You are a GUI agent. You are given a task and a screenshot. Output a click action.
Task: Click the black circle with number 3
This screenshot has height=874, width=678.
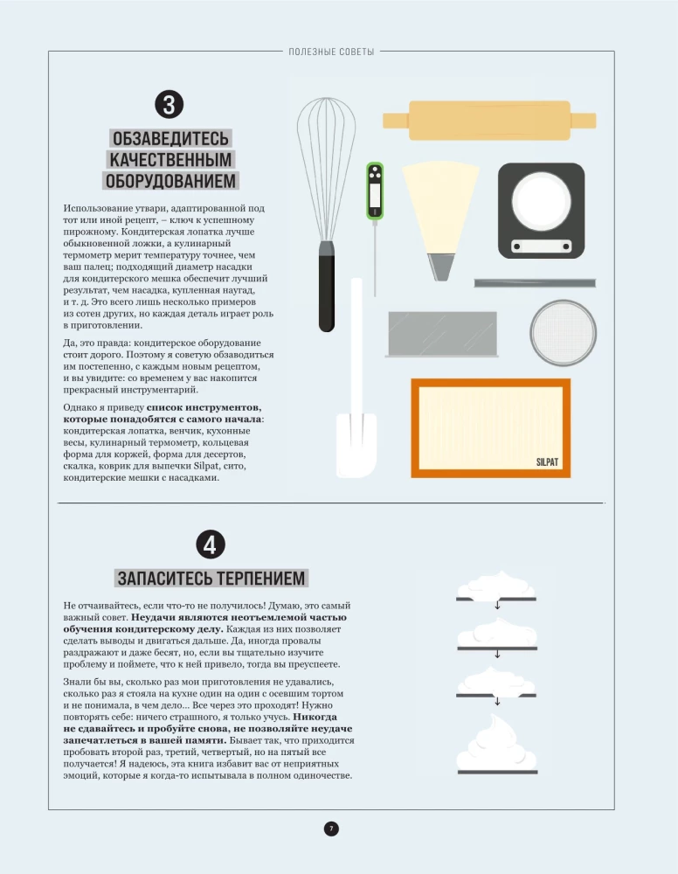169,105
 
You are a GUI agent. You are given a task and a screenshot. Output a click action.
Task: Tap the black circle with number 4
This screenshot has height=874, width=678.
211,545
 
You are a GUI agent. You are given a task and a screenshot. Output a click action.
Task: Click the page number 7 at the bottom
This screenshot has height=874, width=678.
331,829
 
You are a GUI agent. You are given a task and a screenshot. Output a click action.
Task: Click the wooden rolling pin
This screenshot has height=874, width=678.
489,121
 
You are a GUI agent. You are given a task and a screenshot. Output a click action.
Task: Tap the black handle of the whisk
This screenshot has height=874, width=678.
327,288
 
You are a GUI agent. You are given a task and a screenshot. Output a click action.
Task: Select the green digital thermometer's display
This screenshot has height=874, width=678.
375,191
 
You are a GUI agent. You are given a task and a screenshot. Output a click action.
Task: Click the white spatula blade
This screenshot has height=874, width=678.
356,446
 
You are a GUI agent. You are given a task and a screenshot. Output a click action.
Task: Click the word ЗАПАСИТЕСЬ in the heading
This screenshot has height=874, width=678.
159,579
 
